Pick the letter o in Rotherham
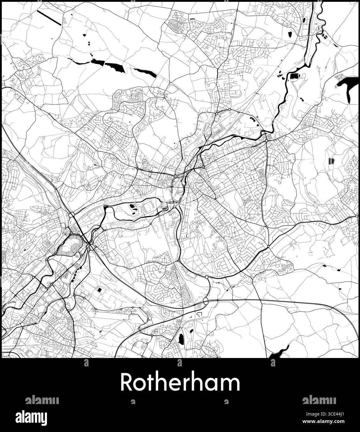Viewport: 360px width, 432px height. point(140,384)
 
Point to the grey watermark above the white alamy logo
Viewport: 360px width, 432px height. point(42,400)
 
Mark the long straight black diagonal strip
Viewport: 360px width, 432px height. point(49,18)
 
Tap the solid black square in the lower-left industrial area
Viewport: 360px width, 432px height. point(100,290)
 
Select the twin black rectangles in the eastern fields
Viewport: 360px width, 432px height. point(331,161)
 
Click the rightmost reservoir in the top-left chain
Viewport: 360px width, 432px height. point(145,73)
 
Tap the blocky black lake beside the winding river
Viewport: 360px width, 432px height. point(294,76)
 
